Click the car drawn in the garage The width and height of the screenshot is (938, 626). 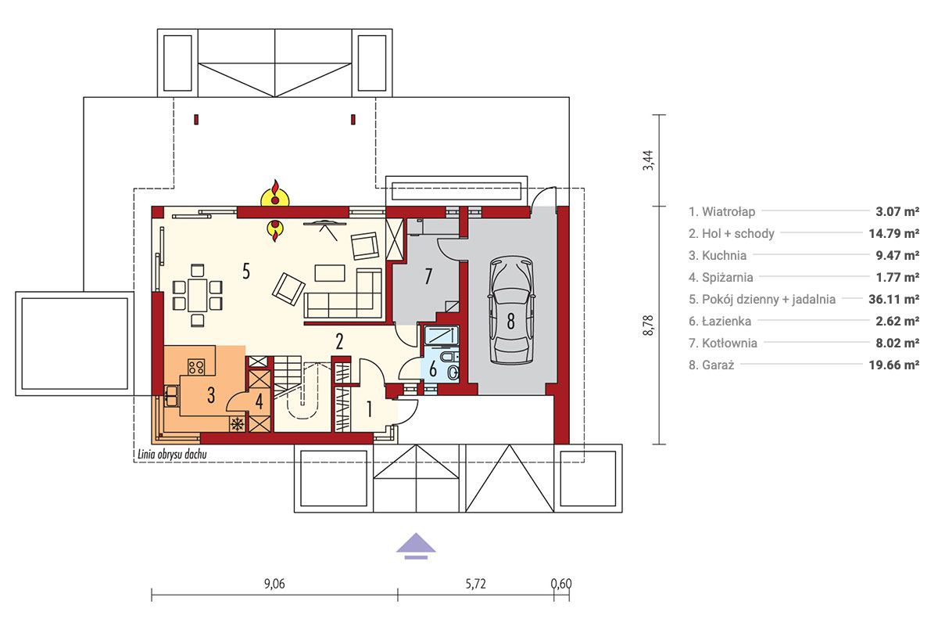point(511,311)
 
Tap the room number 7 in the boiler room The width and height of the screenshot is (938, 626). point(428,277)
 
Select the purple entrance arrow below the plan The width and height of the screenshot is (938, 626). point(416,546)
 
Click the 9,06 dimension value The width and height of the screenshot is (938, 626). point(274,584)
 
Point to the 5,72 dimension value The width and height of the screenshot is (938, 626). point(476,584)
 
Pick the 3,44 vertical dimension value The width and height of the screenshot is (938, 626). point(648,160)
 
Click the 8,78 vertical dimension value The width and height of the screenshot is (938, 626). point(648,326)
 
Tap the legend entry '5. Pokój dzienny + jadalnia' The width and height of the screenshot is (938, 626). point(762,300)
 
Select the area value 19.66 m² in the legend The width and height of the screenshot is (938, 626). point(894,365)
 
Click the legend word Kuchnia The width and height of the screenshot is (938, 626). point(724,255)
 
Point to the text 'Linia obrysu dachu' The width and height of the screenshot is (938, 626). point(172,454)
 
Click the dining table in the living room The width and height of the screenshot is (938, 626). point(198,296)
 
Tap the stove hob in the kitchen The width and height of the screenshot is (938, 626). point(196,367)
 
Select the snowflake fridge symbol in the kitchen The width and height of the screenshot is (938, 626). point(238,424)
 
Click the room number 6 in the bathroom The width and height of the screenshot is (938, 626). point(433,369)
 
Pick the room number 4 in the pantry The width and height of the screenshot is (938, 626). point(260,401)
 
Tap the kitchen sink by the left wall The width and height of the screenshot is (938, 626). point(172,396)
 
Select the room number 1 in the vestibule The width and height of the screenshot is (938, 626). point(369,409)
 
